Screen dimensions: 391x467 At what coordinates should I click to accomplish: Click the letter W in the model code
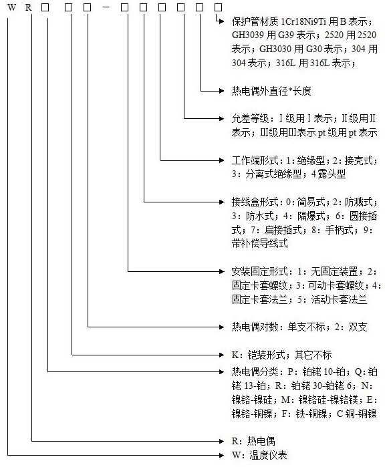pyautogui.click(x=11, y=7)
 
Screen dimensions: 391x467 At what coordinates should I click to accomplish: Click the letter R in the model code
pyautogui.click(x=28, y=7)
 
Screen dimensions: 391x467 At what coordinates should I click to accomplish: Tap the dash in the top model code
pyautogui.click(x=106, y=7)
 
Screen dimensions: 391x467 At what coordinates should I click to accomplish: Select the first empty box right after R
pyautogui.click(x=45, y=7)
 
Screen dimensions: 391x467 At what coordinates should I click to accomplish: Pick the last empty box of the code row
pyautogui.click(x=219, y=7)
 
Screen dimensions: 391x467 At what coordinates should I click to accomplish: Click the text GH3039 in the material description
pyautogui.click(x=248, y=35)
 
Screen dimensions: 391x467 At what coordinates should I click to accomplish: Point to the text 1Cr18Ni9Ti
pyautogui.click(x=303, y=21)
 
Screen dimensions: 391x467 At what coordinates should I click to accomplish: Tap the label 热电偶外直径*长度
pyautogui.click(x=271, y=91)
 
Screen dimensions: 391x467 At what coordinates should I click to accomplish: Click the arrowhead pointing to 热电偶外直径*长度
pyautogui.click(x=221, y=91)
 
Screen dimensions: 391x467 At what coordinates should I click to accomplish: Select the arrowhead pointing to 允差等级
pyautogui.click(x=221, y=118)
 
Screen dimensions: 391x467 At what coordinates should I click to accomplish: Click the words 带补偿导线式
pyautogui.click(x=260, y=243)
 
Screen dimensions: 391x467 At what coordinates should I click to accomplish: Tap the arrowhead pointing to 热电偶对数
pyautogui.click(x=221, y=327)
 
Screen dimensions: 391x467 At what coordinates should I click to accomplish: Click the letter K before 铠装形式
pyautogui.click(x=235, y=355)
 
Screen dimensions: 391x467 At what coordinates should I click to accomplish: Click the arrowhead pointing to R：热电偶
pyautogui.click(x=221, y=441)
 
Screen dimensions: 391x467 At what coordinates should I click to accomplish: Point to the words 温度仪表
pyautogui.click(x=268, y=455)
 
